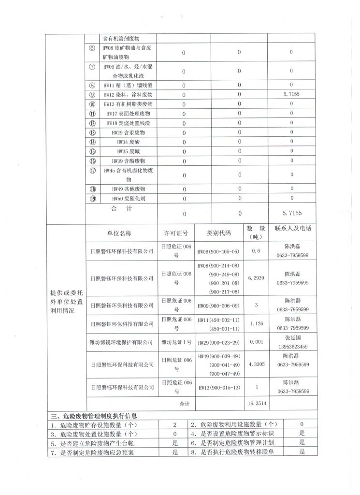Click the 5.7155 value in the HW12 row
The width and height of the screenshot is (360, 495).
point(291,94)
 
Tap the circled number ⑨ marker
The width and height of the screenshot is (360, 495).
point(92,94)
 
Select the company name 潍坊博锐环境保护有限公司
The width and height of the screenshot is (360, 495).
point(122,342)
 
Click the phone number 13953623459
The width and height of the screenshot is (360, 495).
point(292,347)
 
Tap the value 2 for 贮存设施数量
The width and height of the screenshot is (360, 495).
point(175,424)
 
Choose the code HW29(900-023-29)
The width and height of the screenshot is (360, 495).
point(218,342)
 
